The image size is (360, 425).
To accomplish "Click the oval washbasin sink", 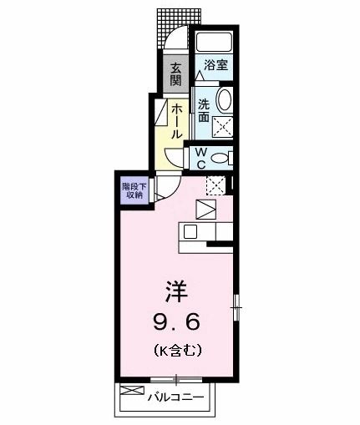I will click(x=224, y=102).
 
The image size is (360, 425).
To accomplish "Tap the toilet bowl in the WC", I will click(x=220, y=158).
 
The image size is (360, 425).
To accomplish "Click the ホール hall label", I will click(x=178, y=120).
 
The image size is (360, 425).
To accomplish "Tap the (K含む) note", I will click(x=176, y=351).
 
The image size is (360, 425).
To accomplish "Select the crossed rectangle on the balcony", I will click(x=131, y=391).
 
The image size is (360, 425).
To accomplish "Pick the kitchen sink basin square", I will click(x=190, y=232).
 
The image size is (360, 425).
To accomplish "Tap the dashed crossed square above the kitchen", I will click(x=215, y=185).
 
